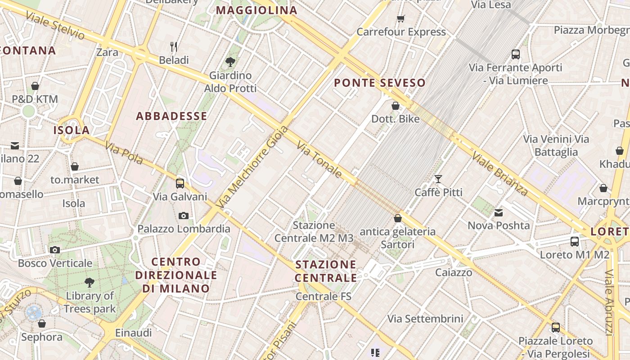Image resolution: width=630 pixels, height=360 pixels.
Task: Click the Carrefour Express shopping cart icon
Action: pos(400,18)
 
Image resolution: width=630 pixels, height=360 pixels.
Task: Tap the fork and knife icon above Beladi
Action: pos(174,46)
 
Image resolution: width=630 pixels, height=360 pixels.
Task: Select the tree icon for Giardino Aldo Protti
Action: pos(230,62)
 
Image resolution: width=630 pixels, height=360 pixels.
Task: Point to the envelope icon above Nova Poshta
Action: pos(499,212)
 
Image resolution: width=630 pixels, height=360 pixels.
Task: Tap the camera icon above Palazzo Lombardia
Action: pos(183,216)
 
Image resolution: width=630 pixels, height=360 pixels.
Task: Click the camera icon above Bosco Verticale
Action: pos(55,250)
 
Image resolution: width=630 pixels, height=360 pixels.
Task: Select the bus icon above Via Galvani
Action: pos(180,183)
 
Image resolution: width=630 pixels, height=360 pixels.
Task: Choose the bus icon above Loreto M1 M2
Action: pos(575,241)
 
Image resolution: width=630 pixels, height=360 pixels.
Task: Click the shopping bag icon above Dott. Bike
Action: pos(396,106)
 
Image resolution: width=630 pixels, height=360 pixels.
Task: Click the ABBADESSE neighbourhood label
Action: pos(171,116)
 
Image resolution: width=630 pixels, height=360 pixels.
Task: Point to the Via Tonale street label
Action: pos(319,159)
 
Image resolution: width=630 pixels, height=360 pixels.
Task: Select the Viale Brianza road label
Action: pos(499,173)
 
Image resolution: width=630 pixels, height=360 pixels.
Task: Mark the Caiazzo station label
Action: pos(454,272)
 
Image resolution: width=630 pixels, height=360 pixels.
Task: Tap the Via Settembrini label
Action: pos(425,319)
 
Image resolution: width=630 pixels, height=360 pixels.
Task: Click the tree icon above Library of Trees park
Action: pos(90,283)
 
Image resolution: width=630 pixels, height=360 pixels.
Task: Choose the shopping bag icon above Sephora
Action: pos(42,324)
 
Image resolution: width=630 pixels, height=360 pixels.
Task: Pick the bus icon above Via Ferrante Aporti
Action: pos(516,54)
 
